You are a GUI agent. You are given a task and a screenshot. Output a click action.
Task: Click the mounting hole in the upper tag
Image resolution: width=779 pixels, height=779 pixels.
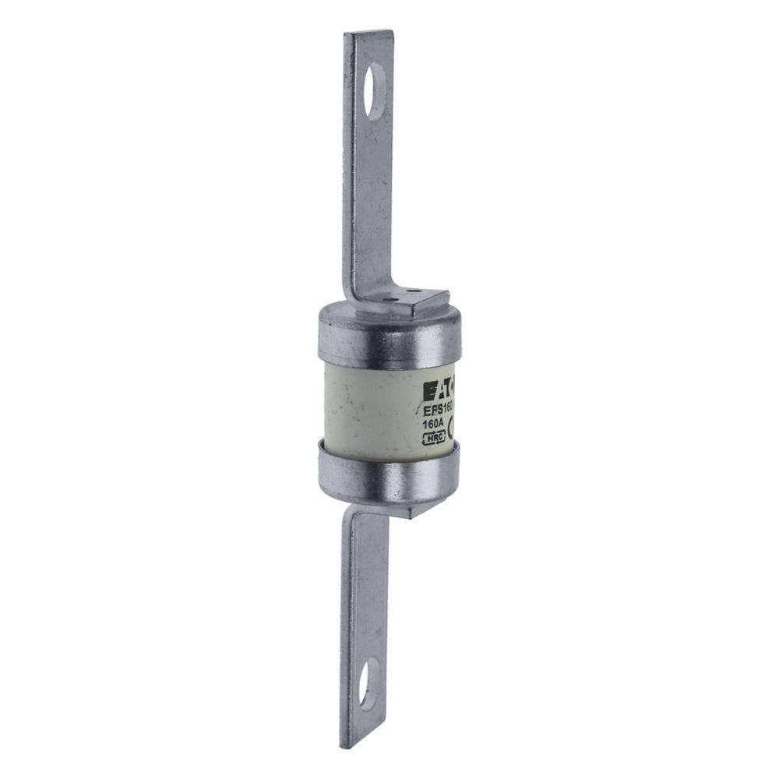[x=374, y=91]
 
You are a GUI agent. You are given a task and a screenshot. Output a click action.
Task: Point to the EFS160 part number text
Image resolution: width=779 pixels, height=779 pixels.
[x=438, y=408]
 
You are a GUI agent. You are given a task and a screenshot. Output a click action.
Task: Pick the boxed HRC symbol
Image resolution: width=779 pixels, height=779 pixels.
[x=434, y=439]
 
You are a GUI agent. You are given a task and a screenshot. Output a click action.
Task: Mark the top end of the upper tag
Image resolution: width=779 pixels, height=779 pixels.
[x=368, y=34]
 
